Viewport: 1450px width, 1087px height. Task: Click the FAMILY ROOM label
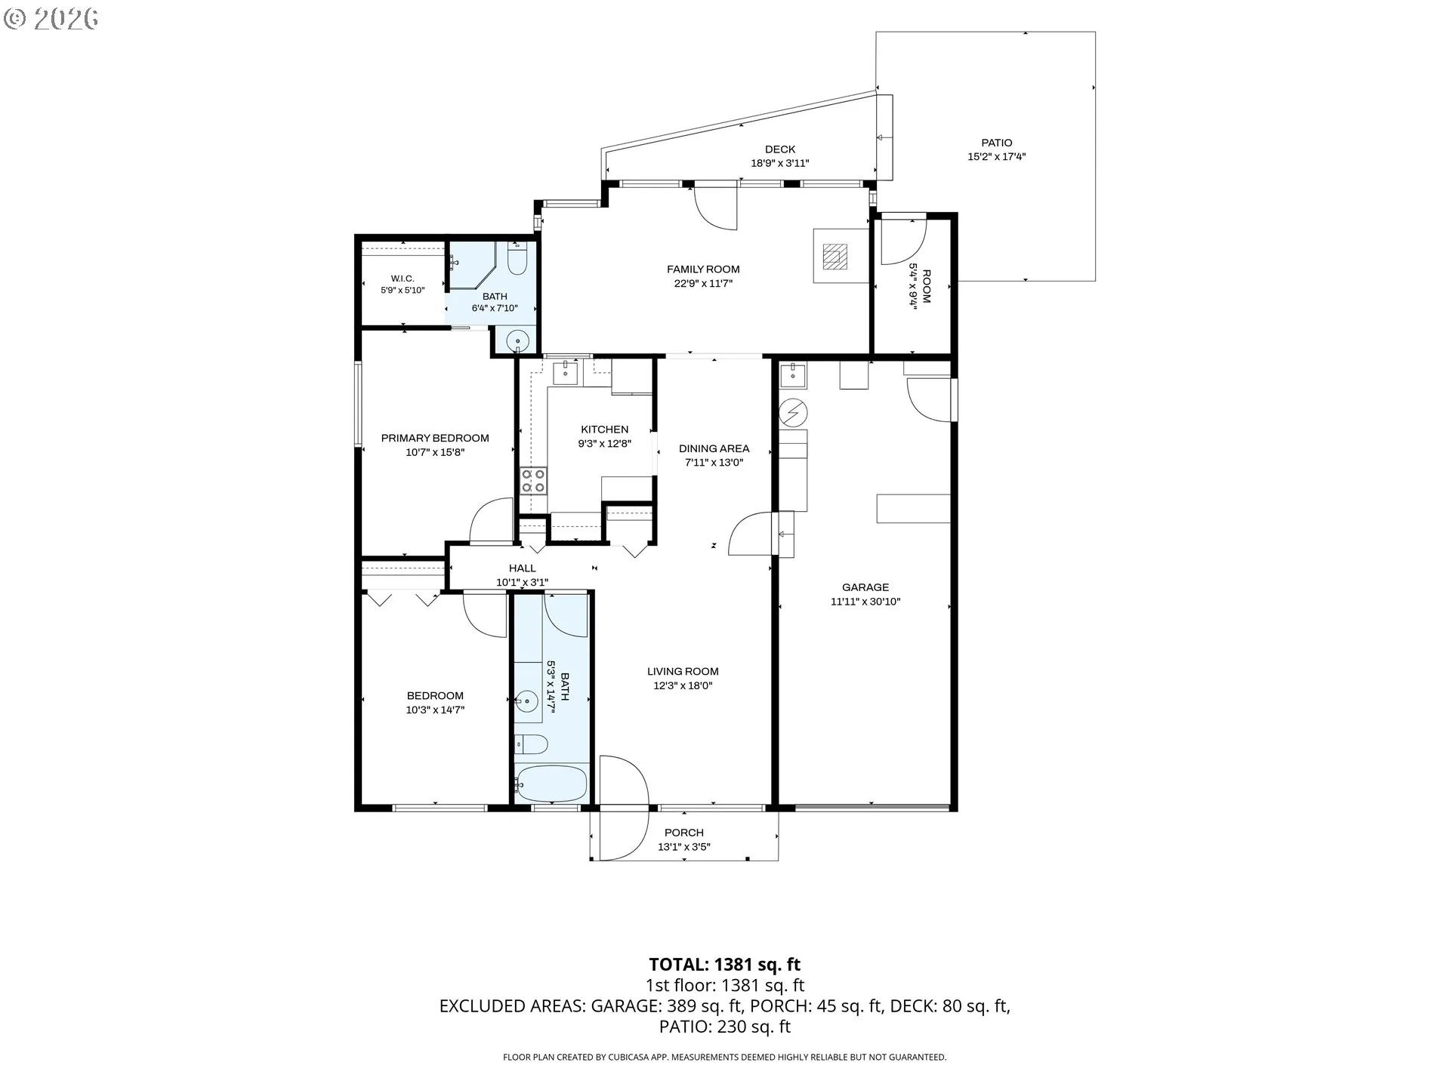pos(703,269)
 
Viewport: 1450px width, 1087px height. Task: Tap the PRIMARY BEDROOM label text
pos(435,438)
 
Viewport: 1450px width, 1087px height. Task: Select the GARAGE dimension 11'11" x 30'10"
pos(865,602)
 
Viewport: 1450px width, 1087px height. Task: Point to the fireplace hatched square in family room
pos(835,256)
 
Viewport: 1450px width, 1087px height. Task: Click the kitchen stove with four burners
pos(533,481)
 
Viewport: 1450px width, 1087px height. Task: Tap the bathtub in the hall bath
pos(551,784)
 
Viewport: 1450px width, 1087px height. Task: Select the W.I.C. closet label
pos(403,279)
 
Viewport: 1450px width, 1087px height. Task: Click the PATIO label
pos(997,143)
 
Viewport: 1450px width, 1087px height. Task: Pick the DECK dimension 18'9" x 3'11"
pos(780,163)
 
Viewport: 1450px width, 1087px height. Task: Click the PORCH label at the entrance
pos(684,833)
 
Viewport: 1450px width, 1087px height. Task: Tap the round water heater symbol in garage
pos(793,412)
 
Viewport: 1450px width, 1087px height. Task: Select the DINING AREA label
pos(714,448)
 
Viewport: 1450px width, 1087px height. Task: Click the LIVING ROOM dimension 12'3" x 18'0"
pos(683,686)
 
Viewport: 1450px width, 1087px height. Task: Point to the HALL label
pos(522,568)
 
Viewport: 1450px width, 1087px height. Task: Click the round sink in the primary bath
pos(518,341)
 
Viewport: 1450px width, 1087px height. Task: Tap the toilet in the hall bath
pos(531,744)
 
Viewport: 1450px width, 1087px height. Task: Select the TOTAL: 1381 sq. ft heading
pos(725,965)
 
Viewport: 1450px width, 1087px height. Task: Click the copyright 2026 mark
pos(51,19)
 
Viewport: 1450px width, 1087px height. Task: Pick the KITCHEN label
pos(604,430)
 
